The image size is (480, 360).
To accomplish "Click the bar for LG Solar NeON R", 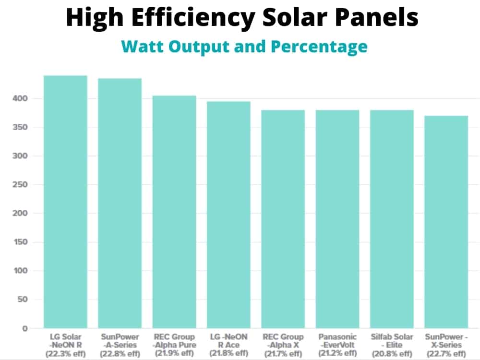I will tap(65, 202).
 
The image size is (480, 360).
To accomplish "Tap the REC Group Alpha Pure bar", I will tap(174, 212).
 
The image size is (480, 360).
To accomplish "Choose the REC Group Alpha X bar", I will tap(283, 219).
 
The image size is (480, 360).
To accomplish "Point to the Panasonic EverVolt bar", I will tap(337, 219).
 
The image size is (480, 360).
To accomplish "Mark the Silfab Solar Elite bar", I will tap(392, 219).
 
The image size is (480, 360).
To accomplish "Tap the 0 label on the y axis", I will tap(24, 329).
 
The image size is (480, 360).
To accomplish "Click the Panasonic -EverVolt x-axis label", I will tap(337, 341).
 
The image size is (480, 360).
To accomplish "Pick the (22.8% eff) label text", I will tap(120, 354).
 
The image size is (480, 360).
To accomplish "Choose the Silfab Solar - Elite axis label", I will tap(392, 341).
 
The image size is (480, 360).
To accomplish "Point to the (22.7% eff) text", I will tap(446, 354).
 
